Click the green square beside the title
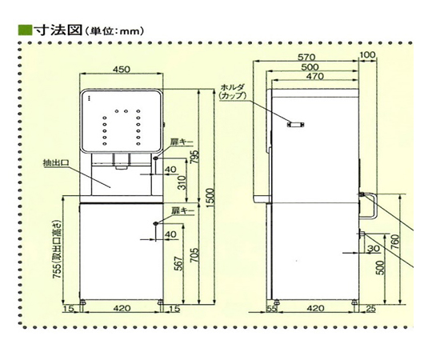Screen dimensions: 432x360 (x=25, y=30)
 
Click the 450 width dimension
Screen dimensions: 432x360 (x=122, y=69)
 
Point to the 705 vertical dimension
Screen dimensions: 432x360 (x=194, y=254)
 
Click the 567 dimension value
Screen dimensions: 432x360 (x=179, y=263)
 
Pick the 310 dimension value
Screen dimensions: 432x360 (x=182, y=182)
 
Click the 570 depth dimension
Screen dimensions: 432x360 (x=306, y=57)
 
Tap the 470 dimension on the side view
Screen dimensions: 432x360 (x=315, y=76)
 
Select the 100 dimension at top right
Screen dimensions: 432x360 (x=367, y=55)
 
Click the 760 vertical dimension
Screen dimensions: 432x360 (x=395, y=242)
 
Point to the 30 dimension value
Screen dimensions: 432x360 (x=374, y=249)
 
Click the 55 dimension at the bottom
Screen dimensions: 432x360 (x=271, y=309)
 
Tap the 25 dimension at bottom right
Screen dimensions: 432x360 (x=371, y=309)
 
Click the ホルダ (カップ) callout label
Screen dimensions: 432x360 (x=233, y=91)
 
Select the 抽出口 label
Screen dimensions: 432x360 (x=55, y=163)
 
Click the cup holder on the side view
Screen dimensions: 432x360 (x=296, y=125)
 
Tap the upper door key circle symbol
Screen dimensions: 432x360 (x=156, y=158)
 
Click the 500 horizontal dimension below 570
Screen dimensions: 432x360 (x=310, y=67)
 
